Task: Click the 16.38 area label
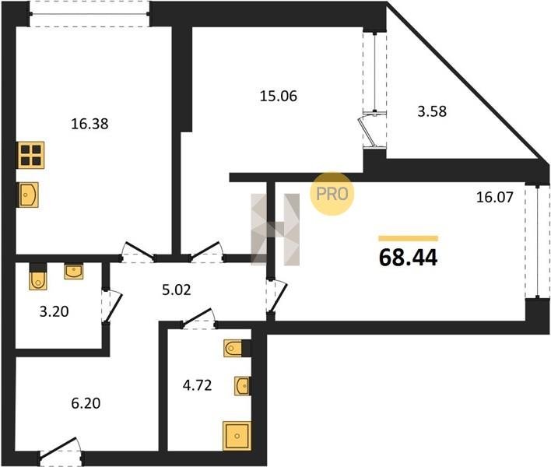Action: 89,124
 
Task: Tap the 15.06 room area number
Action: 279,96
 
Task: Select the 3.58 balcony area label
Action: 432,111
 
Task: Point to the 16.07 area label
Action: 495,197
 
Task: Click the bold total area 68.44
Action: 409,258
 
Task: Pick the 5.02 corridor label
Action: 177,290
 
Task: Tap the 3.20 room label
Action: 54,311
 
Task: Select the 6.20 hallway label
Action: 86,403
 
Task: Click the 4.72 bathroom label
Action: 197,385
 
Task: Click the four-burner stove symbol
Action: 31,155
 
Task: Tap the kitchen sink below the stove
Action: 28,195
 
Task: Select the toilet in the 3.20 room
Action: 38,277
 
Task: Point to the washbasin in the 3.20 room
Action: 74,272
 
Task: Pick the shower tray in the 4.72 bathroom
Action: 237,436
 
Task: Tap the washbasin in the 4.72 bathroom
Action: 243,386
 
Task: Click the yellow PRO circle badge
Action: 332,194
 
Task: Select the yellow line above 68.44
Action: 409,239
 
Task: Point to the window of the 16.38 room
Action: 89,14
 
